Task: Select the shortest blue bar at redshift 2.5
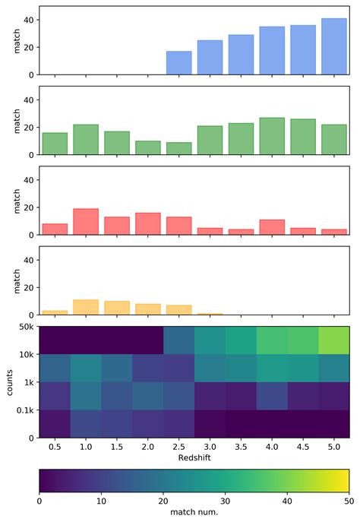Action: pos(178,63)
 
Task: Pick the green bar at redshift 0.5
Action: pos(55,144)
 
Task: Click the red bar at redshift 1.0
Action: pos(86,222)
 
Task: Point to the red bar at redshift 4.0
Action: pos(272,228)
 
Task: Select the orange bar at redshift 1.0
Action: pos(86,308)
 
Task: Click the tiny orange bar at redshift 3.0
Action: pos(210,314)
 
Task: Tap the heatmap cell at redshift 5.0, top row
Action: pos(333,340)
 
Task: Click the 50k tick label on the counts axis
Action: pos(24,326)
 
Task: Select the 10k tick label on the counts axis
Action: pos(24,354)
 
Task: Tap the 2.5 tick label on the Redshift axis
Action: pos(178,448)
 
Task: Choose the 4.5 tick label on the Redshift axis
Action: pos(302,448)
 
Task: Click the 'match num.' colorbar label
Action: pos(194,514)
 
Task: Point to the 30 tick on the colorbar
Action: pos(226,501)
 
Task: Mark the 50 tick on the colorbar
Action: pos(349,501)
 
